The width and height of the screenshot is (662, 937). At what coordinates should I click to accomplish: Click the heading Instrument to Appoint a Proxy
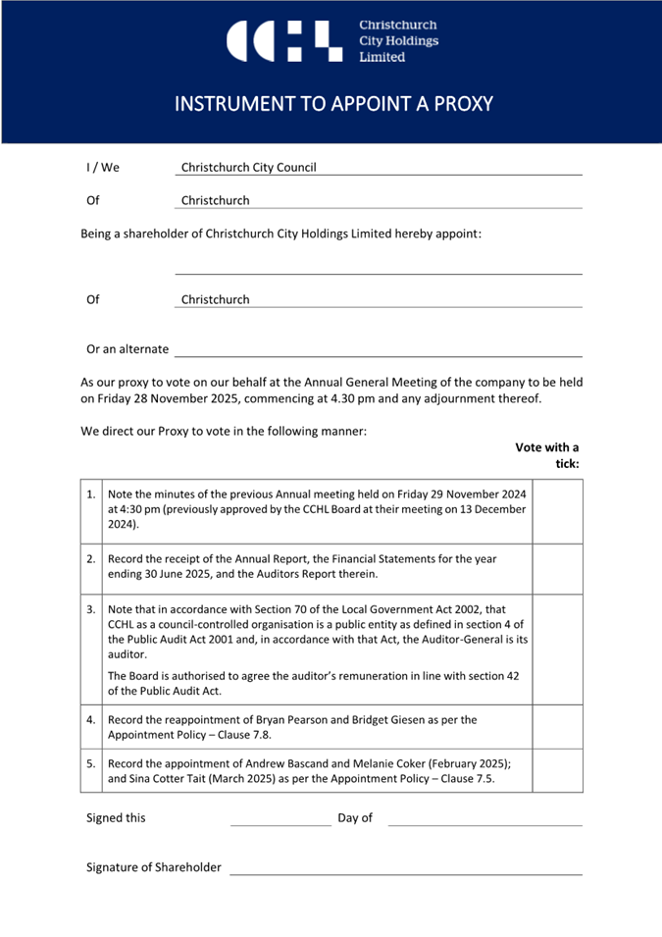331,104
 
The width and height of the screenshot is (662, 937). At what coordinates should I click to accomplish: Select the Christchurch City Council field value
249,168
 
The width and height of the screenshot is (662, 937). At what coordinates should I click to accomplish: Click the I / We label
103,168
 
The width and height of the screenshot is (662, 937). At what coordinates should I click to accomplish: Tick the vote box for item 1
557,511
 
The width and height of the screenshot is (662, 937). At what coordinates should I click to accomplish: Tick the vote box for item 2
557,566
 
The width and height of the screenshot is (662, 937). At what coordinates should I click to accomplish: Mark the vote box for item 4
557,726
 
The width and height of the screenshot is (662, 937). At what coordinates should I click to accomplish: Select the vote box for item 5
557,771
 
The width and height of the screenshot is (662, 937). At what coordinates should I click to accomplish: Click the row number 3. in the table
91,609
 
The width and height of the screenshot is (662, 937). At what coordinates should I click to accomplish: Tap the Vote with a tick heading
547,455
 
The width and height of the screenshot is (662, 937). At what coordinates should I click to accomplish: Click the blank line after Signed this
280,820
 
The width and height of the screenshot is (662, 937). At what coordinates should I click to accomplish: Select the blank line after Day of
484,820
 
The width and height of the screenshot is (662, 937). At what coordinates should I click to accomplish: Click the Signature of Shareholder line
405,868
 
